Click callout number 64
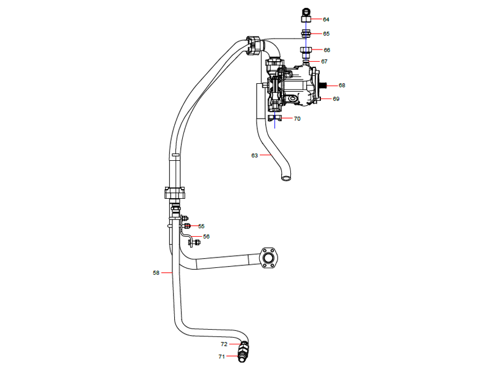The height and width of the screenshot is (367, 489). pos(326,20)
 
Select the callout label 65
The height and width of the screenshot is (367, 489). pos(326,34)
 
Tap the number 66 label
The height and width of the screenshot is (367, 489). pos(327,50)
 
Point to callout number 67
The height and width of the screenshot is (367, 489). pos(325,62)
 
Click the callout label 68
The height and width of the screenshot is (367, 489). pos(342,86)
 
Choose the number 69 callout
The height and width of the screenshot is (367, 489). pos(336,99)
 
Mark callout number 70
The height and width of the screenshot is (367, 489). pos(297,119)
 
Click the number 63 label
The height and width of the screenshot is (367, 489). pos(255,156)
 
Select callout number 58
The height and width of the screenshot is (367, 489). pos(156,273)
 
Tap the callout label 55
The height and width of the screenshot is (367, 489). pos(201,226)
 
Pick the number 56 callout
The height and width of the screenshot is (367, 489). pos(206,237)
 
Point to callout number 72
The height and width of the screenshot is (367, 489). pos(224,345)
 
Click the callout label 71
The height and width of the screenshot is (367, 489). pos(222,356)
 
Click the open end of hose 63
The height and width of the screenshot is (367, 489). pos(286,178)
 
